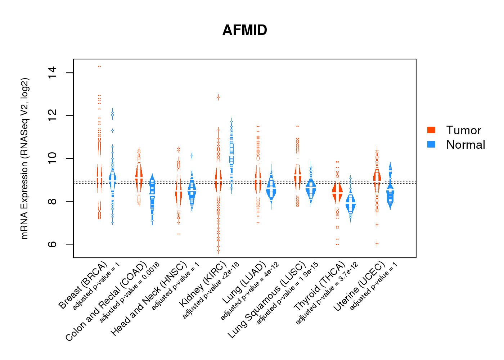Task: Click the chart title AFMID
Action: pyautogui.click(x=245, y=30)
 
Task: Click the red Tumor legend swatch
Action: pyautogui.click(x=431, y=130)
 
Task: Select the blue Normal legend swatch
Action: pyautogui.click(x=431, y=144)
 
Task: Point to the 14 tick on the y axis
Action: pyautogui.click(x=53, y=73)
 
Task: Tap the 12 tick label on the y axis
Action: pyautogui.click(x=53, y=116)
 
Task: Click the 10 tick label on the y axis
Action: pyautogui.click(x=53, y=158)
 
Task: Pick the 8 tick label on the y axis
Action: pyautogui.click(x=53, y=201)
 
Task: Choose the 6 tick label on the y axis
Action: pyautogui.click(x=53, y=244)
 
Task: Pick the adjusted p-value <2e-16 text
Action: pyautogui.click(x=211, y=290)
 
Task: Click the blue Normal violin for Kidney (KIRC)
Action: pyautogui.click(x=231, y=151)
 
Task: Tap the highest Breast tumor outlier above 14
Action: pyautogui.click(x=99, y=66)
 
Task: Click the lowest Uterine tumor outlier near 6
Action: pyautogui.click(x=377, y=244)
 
